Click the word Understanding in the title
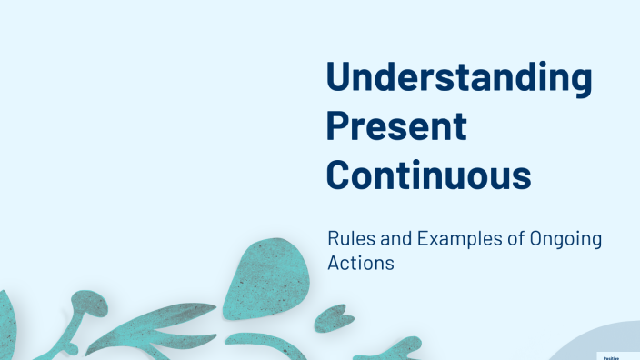pos(459,80)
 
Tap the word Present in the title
pos(396,126)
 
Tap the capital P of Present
pos(338,126)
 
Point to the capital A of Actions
pos(334,264)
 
